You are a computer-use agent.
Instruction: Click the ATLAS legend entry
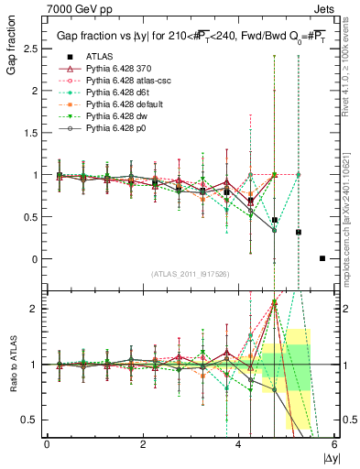point(101,56)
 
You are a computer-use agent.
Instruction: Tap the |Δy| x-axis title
point(329,455)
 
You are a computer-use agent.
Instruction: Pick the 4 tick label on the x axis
point(239,442)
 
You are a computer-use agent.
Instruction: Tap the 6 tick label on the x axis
point(335,442)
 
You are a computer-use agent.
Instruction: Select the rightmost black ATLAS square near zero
point(322,258)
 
